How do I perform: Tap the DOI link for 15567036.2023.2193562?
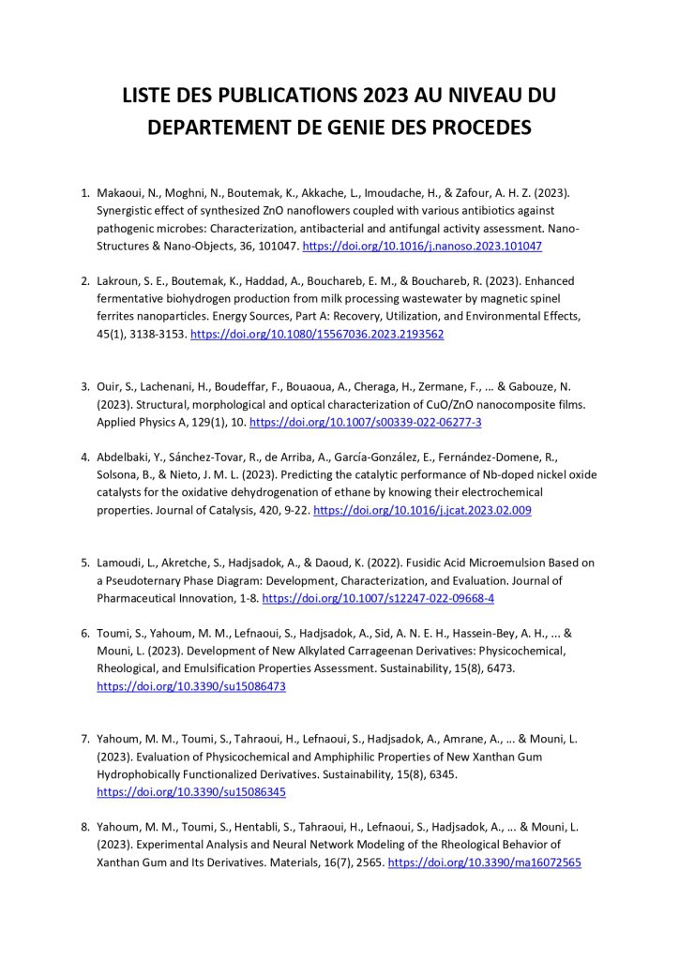[x=317, y=334]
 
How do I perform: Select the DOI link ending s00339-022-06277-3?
[x=366, y=422]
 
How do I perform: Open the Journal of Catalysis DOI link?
[x=422, y=510]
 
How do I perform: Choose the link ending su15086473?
[x=191, y=686]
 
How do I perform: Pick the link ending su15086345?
[x=191, y=792]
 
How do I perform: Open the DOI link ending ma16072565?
[x=484, y=862]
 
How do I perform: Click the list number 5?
[x=84, y=563]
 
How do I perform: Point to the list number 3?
[x=84, y=387]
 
